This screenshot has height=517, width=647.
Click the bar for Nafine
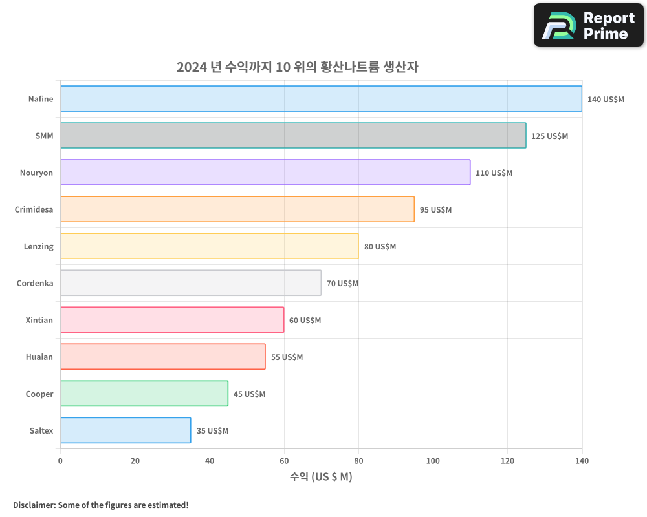point(321,99)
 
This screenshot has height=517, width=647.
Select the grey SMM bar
point(293,136)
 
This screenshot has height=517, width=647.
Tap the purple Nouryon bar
point(265,173)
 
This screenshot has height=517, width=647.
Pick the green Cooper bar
point(144,394)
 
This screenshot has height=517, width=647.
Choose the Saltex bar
point(126,430)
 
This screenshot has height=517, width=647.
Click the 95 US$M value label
point(435,210)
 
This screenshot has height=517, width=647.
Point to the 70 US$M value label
point(342,284)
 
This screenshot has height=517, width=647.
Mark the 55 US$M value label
point(287,357)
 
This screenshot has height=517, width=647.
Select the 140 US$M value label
point(606,100)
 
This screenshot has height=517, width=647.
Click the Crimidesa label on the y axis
point(34,209)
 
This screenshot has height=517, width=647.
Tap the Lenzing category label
point(39,246)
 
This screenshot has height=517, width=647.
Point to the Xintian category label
point(39,320)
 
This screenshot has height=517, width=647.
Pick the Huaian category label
point(39,357)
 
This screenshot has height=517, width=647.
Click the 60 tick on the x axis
point(284,461)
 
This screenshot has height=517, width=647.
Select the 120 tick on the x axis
point(507,461)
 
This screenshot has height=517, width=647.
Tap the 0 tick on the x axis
point(60,461)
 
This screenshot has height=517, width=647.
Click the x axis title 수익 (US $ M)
point(321,477)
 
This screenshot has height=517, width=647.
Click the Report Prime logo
point(589,25)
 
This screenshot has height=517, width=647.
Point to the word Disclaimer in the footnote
point(34,505)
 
